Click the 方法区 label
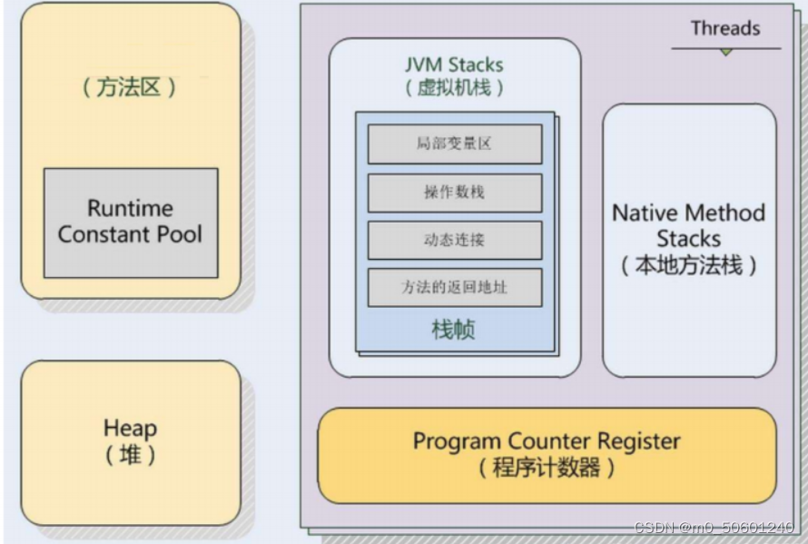click(x=130, y=89)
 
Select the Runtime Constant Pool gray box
click(x=131, y=223)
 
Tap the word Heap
click(x=130, y=428)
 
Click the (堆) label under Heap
click(x=130, y=454)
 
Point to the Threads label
click(x=724, y=28)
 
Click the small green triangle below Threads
click(x=725, y=53)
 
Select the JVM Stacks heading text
click(x=454, y=65)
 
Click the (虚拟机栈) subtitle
click(x=454, y=88)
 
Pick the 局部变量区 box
click(x=454, y=143)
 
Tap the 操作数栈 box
click(x=454, y=193)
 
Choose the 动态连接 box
click(x=454, y=240)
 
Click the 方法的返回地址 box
click(x=454, y=287)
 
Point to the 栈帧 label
click(x=453, y=329)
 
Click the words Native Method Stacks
click(x=688, y=226)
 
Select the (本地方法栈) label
click(x=688, y=266)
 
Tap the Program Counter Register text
click(x=547, y=441)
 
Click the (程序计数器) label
click(x=547, y=469)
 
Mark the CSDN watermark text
click(x=713, y=528)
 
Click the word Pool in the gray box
click(x=178, y=234)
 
